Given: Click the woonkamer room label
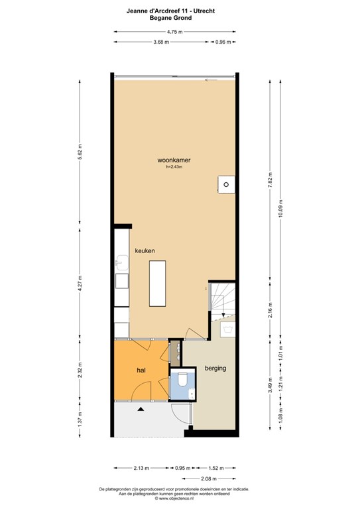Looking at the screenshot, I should pyautogui.click(x=174, y=160).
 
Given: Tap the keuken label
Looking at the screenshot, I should pyautogui.click(x=145, y=251).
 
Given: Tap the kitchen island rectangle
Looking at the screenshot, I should pyautogui.click(x=157, y=283).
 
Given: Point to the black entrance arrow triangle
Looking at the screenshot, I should pyautogui.click(x=141, y=410).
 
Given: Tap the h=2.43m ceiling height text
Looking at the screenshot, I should pyautogui.click(x=174, y=167).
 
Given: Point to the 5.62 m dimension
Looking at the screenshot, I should pyautogui.click(x=79, y=152).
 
